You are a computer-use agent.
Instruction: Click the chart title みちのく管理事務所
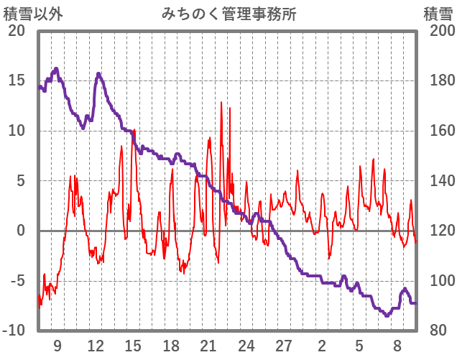[228, 14]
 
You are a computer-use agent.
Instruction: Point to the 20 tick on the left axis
[17, 31]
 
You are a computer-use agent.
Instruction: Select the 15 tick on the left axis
[17, 80]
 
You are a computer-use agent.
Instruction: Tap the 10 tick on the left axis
[17, 131]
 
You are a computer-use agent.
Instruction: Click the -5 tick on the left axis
[17, 281]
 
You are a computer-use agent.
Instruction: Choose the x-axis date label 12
[95, 344]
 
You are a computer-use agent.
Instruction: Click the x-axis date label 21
[208, 344]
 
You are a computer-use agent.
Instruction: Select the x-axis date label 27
[284, 344]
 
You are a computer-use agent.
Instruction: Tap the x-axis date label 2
[322, 344]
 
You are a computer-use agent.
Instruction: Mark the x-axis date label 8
[397, 344]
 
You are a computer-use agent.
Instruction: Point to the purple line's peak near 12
[98, 74]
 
